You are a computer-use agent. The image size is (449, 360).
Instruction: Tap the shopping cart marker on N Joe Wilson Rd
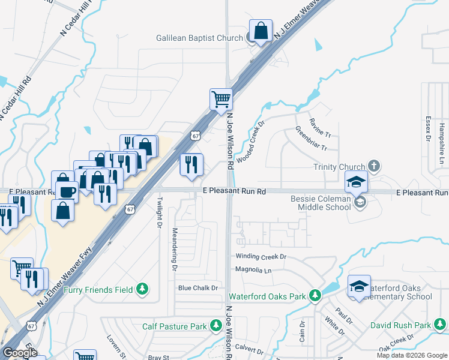pos(221,99)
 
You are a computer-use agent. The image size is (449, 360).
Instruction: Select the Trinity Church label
pos(339,167)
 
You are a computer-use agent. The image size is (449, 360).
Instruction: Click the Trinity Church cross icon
pos(373,166)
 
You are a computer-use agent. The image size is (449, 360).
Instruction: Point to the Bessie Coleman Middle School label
pos(321,203)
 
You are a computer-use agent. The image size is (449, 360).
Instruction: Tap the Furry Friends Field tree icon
pos(142,290)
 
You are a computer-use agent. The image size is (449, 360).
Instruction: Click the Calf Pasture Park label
pos(174,327)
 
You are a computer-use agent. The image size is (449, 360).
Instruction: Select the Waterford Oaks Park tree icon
pos(314,296)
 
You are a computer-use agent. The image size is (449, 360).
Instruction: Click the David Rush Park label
pos(400,325)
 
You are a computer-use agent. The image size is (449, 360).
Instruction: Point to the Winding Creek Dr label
pos(261,256)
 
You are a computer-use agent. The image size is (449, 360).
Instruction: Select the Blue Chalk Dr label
pos(197,288)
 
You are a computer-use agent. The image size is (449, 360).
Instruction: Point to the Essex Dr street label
pos(428,128)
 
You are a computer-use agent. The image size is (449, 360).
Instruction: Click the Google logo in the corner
pos(20,352)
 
